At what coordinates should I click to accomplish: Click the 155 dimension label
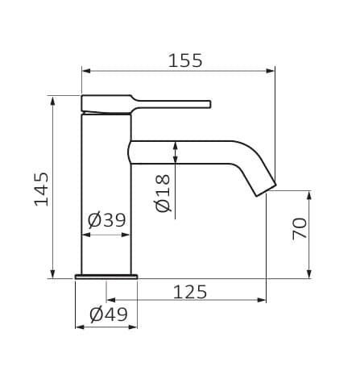[185, 60]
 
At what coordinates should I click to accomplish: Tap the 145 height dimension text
[42, 189]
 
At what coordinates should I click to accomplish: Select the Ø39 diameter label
[106, 220]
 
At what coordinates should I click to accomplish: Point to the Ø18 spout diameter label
[163, 194]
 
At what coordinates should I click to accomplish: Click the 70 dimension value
[300, 228]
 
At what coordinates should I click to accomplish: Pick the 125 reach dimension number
[190, 292]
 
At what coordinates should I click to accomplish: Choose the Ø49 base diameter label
[109, 314]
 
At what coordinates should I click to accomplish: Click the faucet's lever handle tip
[209, 104]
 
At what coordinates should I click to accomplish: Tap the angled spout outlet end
[266, 190]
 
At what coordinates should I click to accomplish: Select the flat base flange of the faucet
[106, 277]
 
